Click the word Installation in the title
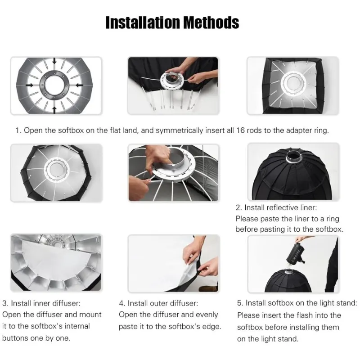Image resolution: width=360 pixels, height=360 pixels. point(143,22)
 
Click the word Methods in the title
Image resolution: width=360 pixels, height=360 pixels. point(211,22)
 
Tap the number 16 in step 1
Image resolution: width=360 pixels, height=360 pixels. point(240,130)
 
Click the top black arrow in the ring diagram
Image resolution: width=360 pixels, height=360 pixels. point(54,61)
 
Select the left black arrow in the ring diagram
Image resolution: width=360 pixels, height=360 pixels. point(30,85)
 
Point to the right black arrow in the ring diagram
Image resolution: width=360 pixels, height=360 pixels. point(80,85)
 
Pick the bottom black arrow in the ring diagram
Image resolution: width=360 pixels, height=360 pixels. point(54,110)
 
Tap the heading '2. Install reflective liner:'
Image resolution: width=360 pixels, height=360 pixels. point(276,207)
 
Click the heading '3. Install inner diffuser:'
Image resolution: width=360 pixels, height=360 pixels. point(41,303)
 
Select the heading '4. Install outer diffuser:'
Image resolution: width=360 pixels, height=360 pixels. point(158,303)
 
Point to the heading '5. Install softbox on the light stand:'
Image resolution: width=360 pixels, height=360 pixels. point(297,303)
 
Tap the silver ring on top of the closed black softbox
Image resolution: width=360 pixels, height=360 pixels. point(294,157)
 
